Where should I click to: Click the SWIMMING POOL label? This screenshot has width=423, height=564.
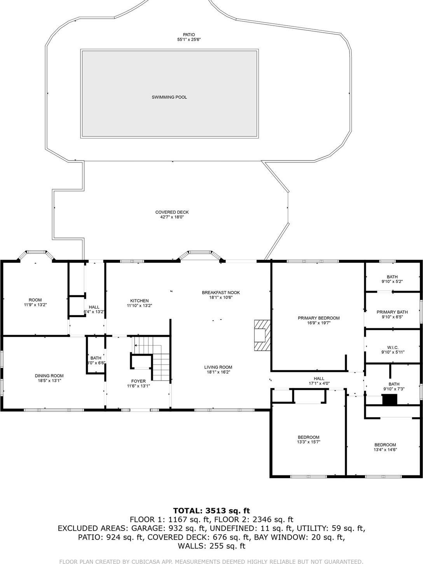pos(169,97)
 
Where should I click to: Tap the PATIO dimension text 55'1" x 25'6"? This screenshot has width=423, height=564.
pos(189,40)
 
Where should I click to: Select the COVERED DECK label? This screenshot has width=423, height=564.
pos(172,212)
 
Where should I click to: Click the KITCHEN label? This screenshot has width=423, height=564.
pos(139,301)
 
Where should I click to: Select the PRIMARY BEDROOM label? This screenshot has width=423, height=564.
pos(318,318)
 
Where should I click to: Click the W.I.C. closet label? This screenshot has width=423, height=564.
pos(392,347)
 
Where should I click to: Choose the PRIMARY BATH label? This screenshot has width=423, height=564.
pos(392,312)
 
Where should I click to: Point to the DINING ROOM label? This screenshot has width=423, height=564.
pos(49,376)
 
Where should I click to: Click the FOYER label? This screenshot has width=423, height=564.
pos(138,381)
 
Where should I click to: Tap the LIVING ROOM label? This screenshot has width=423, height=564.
pos(218,367)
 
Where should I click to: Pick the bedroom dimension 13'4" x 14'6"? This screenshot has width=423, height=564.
pos(385,450)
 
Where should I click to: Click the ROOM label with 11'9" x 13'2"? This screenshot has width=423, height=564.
pos(35,300)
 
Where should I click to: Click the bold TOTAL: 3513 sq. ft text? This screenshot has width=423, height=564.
pos(211,511)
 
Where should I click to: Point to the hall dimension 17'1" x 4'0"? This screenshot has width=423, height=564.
pos(319,383)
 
